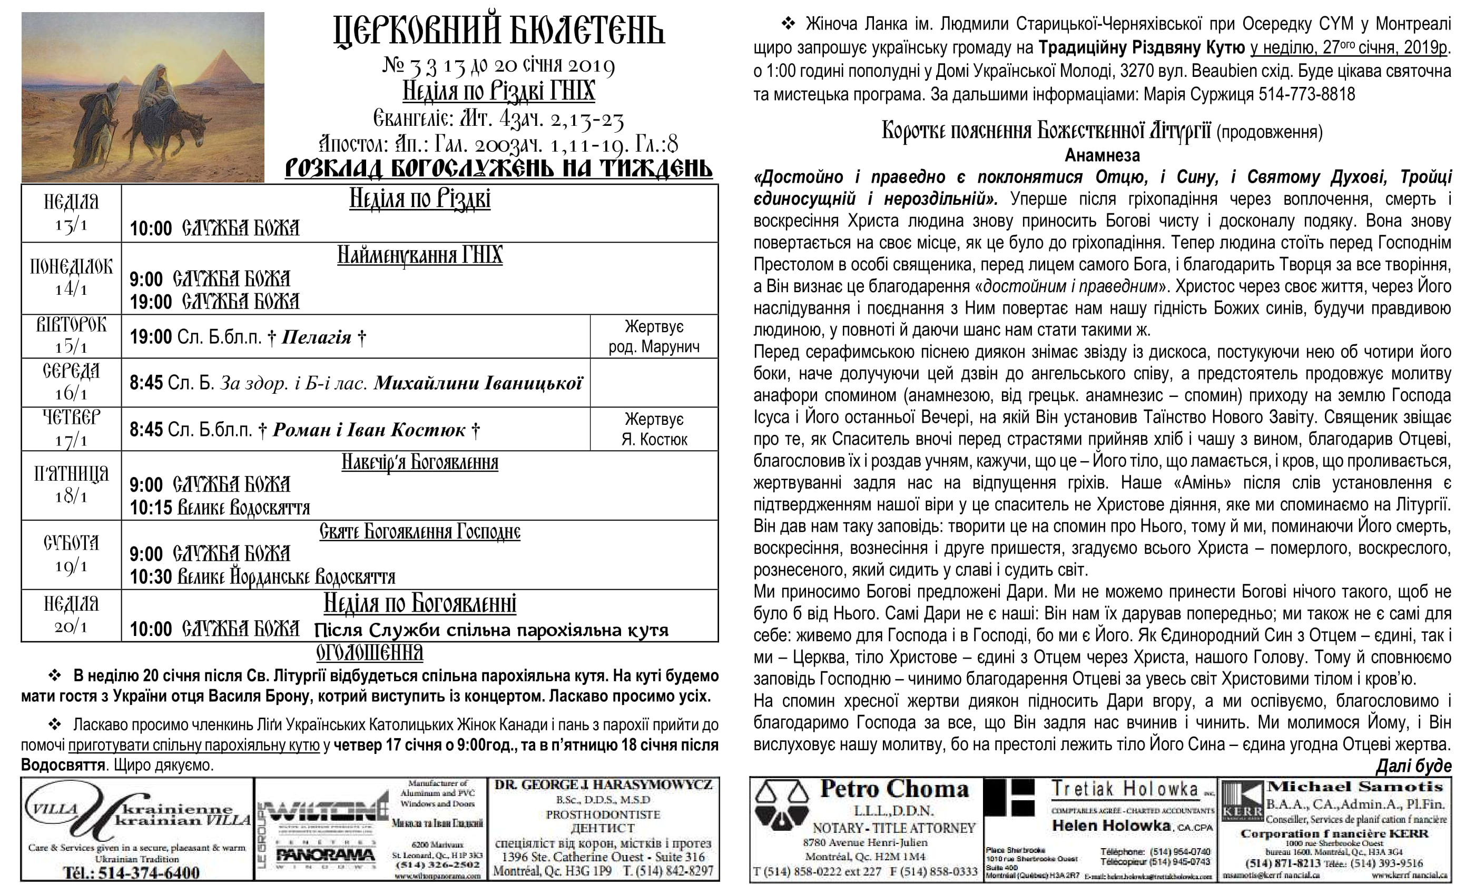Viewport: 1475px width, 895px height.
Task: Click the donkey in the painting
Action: (180, 135)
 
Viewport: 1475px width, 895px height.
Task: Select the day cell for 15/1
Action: (71, 336)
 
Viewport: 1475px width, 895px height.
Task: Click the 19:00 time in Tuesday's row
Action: (151, 337)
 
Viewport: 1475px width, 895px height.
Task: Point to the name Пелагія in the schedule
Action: (316, 337)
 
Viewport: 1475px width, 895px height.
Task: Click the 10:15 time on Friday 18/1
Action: (151, 508)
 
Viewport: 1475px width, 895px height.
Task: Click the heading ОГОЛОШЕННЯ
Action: (369, 653)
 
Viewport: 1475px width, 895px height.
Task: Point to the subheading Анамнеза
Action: (1102, 155)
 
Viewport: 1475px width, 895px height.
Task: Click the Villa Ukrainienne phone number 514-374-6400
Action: (148, 872)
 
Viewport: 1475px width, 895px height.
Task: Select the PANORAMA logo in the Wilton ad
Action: (325, 856)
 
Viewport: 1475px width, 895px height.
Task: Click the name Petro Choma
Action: (894, 789)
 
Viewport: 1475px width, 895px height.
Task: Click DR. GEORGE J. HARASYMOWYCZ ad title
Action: (603, 785)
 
